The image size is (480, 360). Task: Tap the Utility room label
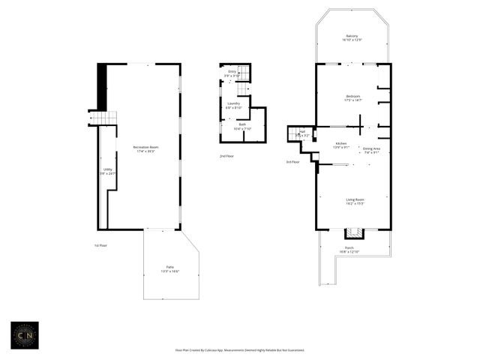tap(107, 171)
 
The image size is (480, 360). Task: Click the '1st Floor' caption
tap(101, 245)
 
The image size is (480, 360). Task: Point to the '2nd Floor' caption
tap(226, 156)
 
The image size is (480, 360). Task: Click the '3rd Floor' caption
tap(292, 161)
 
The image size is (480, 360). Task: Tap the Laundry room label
tap(233, 105)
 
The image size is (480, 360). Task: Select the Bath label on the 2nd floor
tap(242, 126)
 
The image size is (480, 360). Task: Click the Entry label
tap(232, 73)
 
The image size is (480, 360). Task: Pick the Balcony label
tap(352, 37)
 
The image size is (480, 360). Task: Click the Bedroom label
tap(352, 97)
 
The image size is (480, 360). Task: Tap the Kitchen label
tap(340, 144)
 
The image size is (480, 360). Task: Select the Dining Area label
tap(371, 151)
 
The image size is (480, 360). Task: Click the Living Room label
tap(355, 201)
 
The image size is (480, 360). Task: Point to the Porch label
tap(349, 249)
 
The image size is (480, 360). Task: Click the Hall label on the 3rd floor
tap(301, 133)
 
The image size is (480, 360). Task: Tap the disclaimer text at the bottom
tap(239, 350)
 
